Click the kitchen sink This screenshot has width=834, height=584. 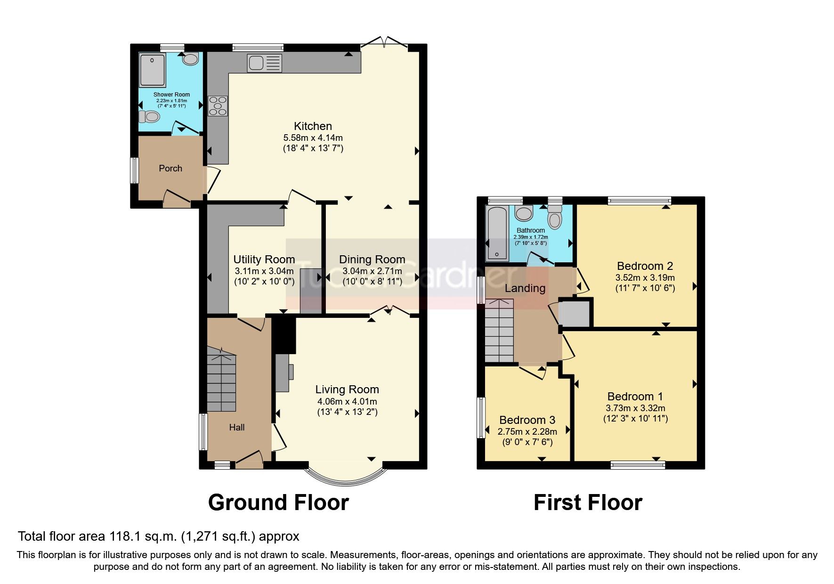[264, 63]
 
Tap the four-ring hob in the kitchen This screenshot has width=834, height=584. [218, 106]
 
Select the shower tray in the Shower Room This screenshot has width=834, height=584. [153, 70]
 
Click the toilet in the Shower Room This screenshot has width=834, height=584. [148, 116]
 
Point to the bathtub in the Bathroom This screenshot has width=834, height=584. [497, 233]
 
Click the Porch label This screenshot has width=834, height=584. [170, 168]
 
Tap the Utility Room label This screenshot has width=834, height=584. [264, 260]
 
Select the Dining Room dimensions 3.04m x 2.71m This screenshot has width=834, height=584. [372, 271]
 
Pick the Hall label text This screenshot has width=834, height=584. [237, 428]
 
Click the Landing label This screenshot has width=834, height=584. [525, 288]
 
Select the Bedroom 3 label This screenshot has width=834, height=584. [527, 420]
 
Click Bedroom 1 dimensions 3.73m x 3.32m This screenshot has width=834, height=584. [635, 408]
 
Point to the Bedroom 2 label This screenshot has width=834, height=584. [645, 266]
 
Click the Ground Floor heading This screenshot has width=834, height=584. [278, 503]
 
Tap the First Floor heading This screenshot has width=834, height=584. [588, 503]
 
